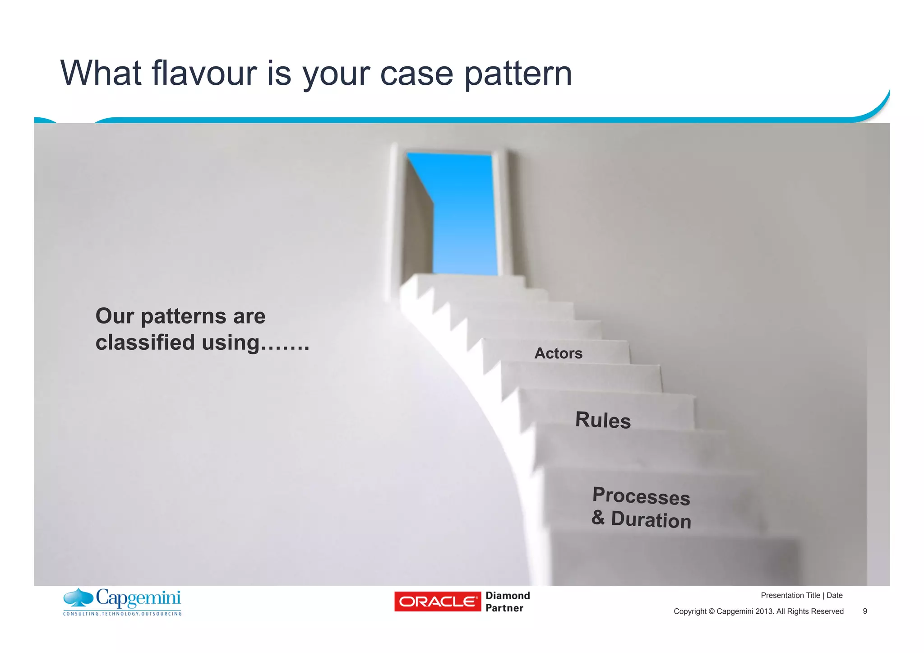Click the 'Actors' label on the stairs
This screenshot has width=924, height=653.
[x=558, y=353]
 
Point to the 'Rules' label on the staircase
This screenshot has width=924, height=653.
[x=603, y=420]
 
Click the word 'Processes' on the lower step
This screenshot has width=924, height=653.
[x=641, y=496]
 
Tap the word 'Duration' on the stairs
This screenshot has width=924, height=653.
[x=651, y=520]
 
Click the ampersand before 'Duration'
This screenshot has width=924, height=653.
[x=598, y=517]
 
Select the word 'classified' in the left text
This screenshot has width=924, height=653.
[x=145, y=343]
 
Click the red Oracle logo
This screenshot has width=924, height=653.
[x=437, y=602]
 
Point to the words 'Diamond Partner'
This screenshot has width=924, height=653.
[x=507, y=602]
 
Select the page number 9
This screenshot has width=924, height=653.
[x=864, y=611]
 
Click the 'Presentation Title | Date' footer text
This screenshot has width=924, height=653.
[x=801, y=596]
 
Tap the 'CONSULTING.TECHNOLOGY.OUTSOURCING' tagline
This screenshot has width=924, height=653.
[x=122, y=614]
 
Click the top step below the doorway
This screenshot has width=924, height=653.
[x=469, y=281]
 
